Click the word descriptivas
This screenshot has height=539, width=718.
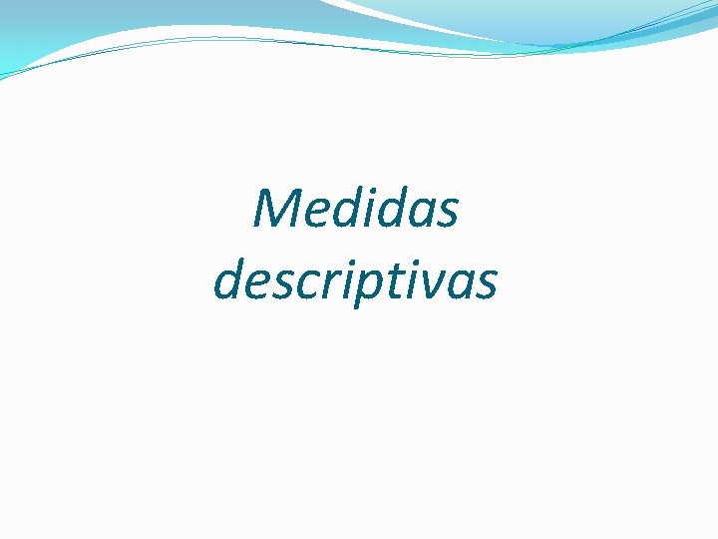coord(355,280)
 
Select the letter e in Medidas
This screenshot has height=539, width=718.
coord(315,214)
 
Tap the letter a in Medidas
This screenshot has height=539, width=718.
coord(419,214)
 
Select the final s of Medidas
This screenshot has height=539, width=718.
coord(447,214)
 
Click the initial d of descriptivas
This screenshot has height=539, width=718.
coord(228,280)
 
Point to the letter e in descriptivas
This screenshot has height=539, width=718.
coord(256,285)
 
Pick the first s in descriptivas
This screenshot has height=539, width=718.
coord(281,285)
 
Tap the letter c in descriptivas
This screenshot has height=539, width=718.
coord(303,285)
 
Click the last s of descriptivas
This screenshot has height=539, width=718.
coord(483,285)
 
